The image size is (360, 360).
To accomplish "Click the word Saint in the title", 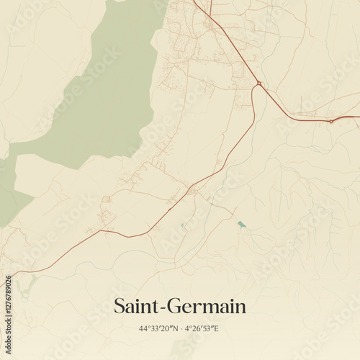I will (x=137, y=307).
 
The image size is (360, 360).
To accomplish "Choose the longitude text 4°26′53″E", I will (x=201, y=328).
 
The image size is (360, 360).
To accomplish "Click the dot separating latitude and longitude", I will (x=180, y=328).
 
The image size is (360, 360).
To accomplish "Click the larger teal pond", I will (x=241, y=224).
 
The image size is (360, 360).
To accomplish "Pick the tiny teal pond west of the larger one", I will (x=183, y=226).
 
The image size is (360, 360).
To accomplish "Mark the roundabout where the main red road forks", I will (x=258, y=84).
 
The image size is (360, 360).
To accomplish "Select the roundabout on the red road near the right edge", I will (x=330, y=122).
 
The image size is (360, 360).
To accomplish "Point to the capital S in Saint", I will (x=120, y=307).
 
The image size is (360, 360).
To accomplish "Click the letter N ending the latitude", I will (x=175, y=328).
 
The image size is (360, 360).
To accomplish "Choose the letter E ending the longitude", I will (x=216, y=328).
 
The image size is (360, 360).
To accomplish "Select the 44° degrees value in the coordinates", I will (x=144, y=328).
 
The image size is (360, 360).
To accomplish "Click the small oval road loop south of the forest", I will (x=106, y=199).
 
